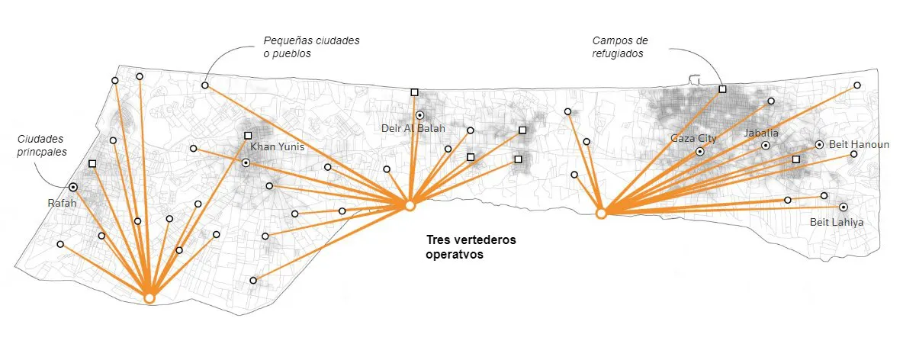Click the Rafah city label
tap(62, 204)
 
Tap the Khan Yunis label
tap(272, 146)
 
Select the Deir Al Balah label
tap(413, 128)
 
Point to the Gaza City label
tap(693, 138)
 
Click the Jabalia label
tap(761, 133)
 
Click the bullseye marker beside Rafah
tap(73, 187)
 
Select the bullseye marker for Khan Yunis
tap(246, 162)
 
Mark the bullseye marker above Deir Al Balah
tap(419, 115)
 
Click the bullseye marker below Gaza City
tap(699, 152)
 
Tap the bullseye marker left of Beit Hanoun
tap(819, 144)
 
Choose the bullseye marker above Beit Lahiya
tap(843, 207)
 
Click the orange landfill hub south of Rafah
tap(149, 297)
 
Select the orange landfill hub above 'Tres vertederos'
tap(410, 206)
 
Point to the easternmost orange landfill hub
tap(601, 214)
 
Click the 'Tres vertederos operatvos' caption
tap(471, 248)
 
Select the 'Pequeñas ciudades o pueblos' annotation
tap(310, 47)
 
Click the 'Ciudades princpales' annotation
tap(43, 145)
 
